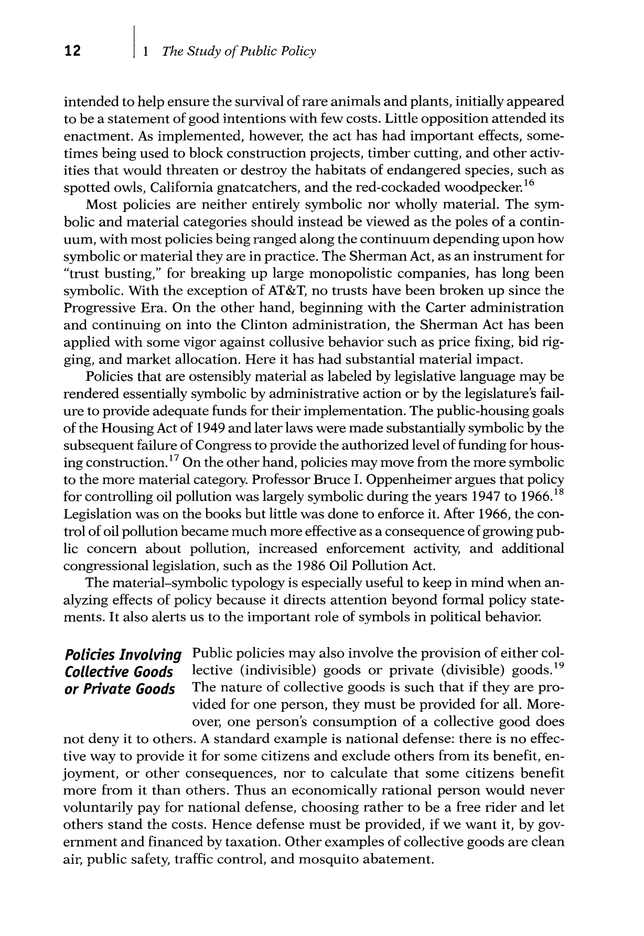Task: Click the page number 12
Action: [x=72, y=51]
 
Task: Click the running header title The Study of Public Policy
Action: [x=239, y=51]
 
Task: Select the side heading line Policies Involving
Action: [x=123, y=654]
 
